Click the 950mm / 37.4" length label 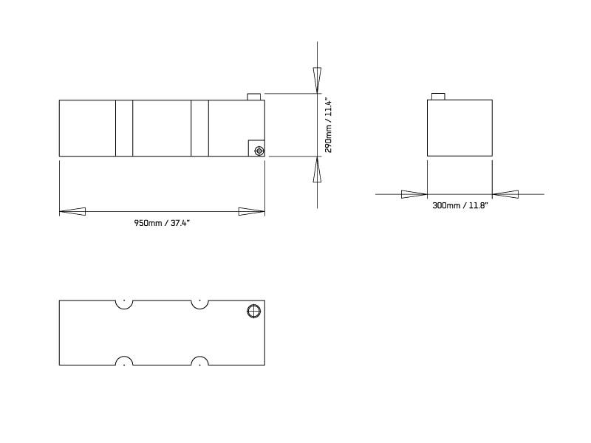[161, 223]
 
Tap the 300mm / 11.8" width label [460, 206]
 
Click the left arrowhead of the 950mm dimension [72, 212]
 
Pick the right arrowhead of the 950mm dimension [252, 212]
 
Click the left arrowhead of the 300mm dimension [414, 194]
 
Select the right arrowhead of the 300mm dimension [505, 194]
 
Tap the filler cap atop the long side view [254, 97]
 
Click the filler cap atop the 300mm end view [437, 97]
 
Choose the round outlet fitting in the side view [259, 151]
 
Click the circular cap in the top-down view [253, 311]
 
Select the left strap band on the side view [124, 128]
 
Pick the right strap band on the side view [199, 128]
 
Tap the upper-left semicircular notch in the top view [124, 303]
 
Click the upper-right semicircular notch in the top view [199, 303]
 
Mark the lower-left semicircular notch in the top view [124, 361]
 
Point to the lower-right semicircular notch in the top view [199, 361]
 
